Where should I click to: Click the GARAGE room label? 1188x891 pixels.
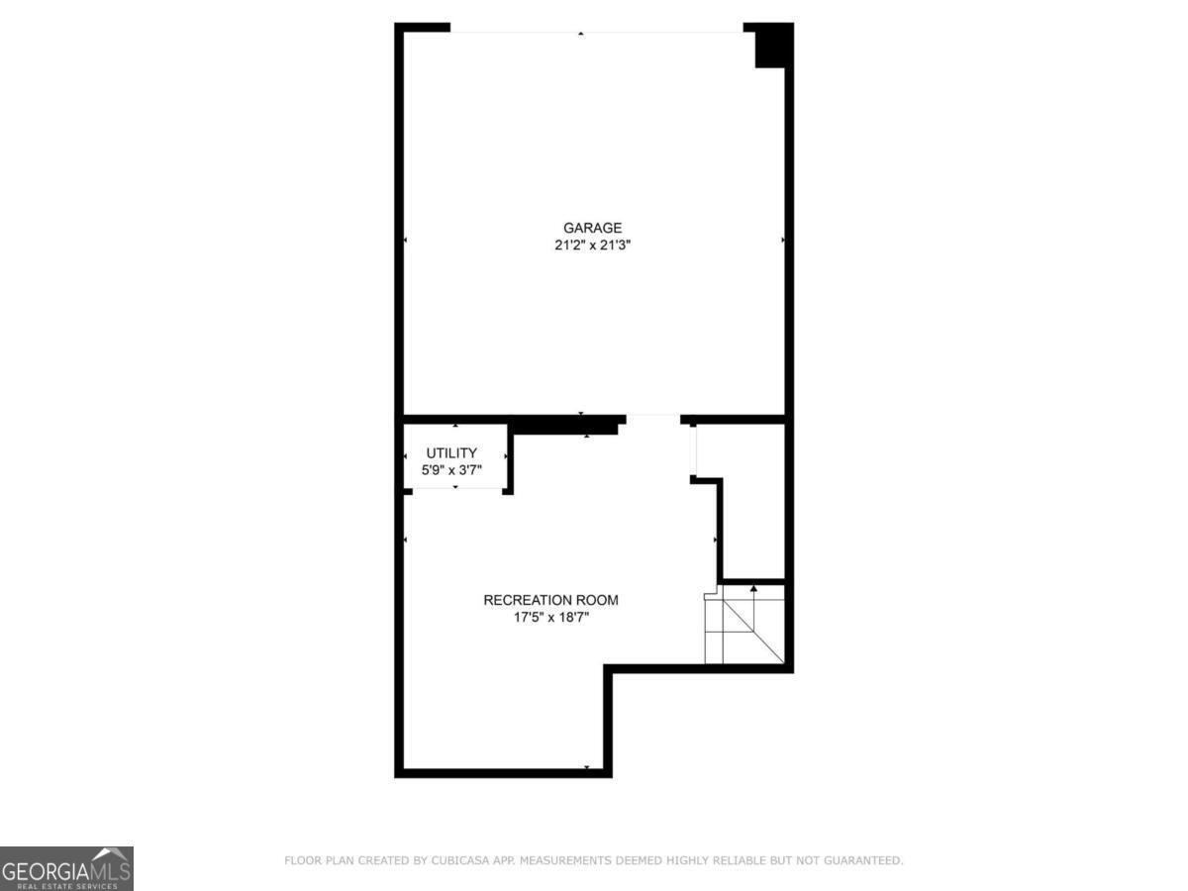coord(593,228)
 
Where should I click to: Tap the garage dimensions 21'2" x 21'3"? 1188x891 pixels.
coord(593,245)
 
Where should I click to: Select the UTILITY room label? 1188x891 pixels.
coord(451,452)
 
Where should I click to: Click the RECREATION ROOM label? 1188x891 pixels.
coord(550,600)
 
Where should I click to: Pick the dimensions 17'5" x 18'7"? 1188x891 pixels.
coord(550,617)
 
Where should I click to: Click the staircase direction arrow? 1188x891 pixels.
coord(754,590)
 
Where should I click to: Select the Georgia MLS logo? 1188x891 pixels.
coord(66,868)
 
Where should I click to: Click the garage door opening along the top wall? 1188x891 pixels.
coord(597,30)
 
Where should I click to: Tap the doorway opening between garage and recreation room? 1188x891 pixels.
coord(652,419)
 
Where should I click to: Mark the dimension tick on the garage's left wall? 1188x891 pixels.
coord(406,241)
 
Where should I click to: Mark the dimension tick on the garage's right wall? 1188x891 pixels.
coord(783,241)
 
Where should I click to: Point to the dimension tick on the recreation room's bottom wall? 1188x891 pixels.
coord(587,767)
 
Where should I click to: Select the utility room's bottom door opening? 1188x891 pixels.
coord(455,488)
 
